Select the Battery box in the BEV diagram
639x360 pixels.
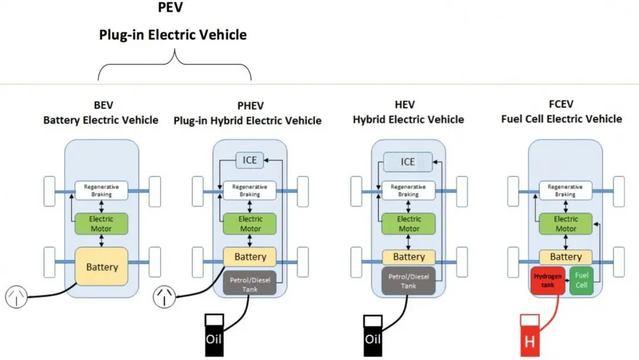(102, 267)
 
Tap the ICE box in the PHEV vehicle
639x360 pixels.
(250, 160)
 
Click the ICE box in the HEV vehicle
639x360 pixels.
(408, 162)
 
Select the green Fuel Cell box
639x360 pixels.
(582, 280)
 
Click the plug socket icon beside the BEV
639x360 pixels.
(17, 296)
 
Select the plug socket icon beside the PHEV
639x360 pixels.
(165, 296)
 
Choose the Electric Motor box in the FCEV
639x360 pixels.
(566, 224)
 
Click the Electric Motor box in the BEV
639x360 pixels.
(101, 224)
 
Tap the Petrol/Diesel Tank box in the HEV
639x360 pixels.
(409, 281)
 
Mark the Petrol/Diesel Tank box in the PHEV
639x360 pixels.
(250, 281)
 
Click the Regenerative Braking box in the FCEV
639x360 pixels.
(566, 191)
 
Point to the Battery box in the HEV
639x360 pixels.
(409, 257)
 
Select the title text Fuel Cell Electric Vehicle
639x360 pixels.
(561, 119)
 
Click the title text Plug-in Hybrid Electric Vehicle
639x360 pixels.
(247, 121)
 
